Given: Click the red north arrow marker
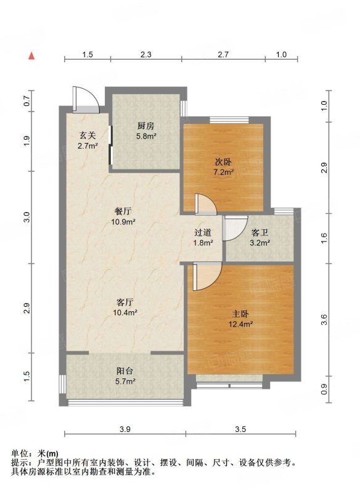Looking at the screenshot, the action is (31, 55).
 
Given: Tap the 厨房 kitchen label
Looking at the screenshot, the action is (146, 126).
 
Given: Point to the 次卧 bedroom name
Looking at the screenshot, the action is (223, 161).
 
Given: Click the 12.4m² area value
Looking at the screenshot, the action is (241, 324).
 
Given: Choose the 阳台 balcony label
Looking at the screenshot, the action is (125, 371).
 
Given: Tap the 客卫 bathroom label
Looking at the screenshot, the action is (260, 233).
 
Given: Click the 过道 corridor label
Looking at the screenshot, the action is (203, 232).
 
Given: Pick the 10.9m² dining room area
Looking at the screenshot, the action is (123, 222).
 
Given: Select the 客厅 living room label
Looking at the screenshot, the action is (125, 302).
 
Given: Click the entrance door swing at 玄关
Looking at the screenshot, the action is (86, 100).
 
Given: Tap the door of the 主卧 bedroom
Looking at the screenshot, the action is (206, 277).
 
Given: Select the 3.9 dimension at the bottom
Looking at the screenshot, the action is (125, 429).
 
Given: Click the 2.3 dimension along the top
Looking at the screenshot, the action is (146, 54).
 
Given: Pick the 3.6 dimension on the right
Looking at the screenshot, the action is (324, 319).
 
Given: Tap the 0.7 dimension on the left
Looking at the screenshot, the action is (27, 101).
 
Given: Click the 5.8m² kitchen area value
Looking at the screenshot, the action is (146, 136).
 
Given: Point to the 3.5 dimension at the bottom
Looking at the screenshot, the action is (240, 429).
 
